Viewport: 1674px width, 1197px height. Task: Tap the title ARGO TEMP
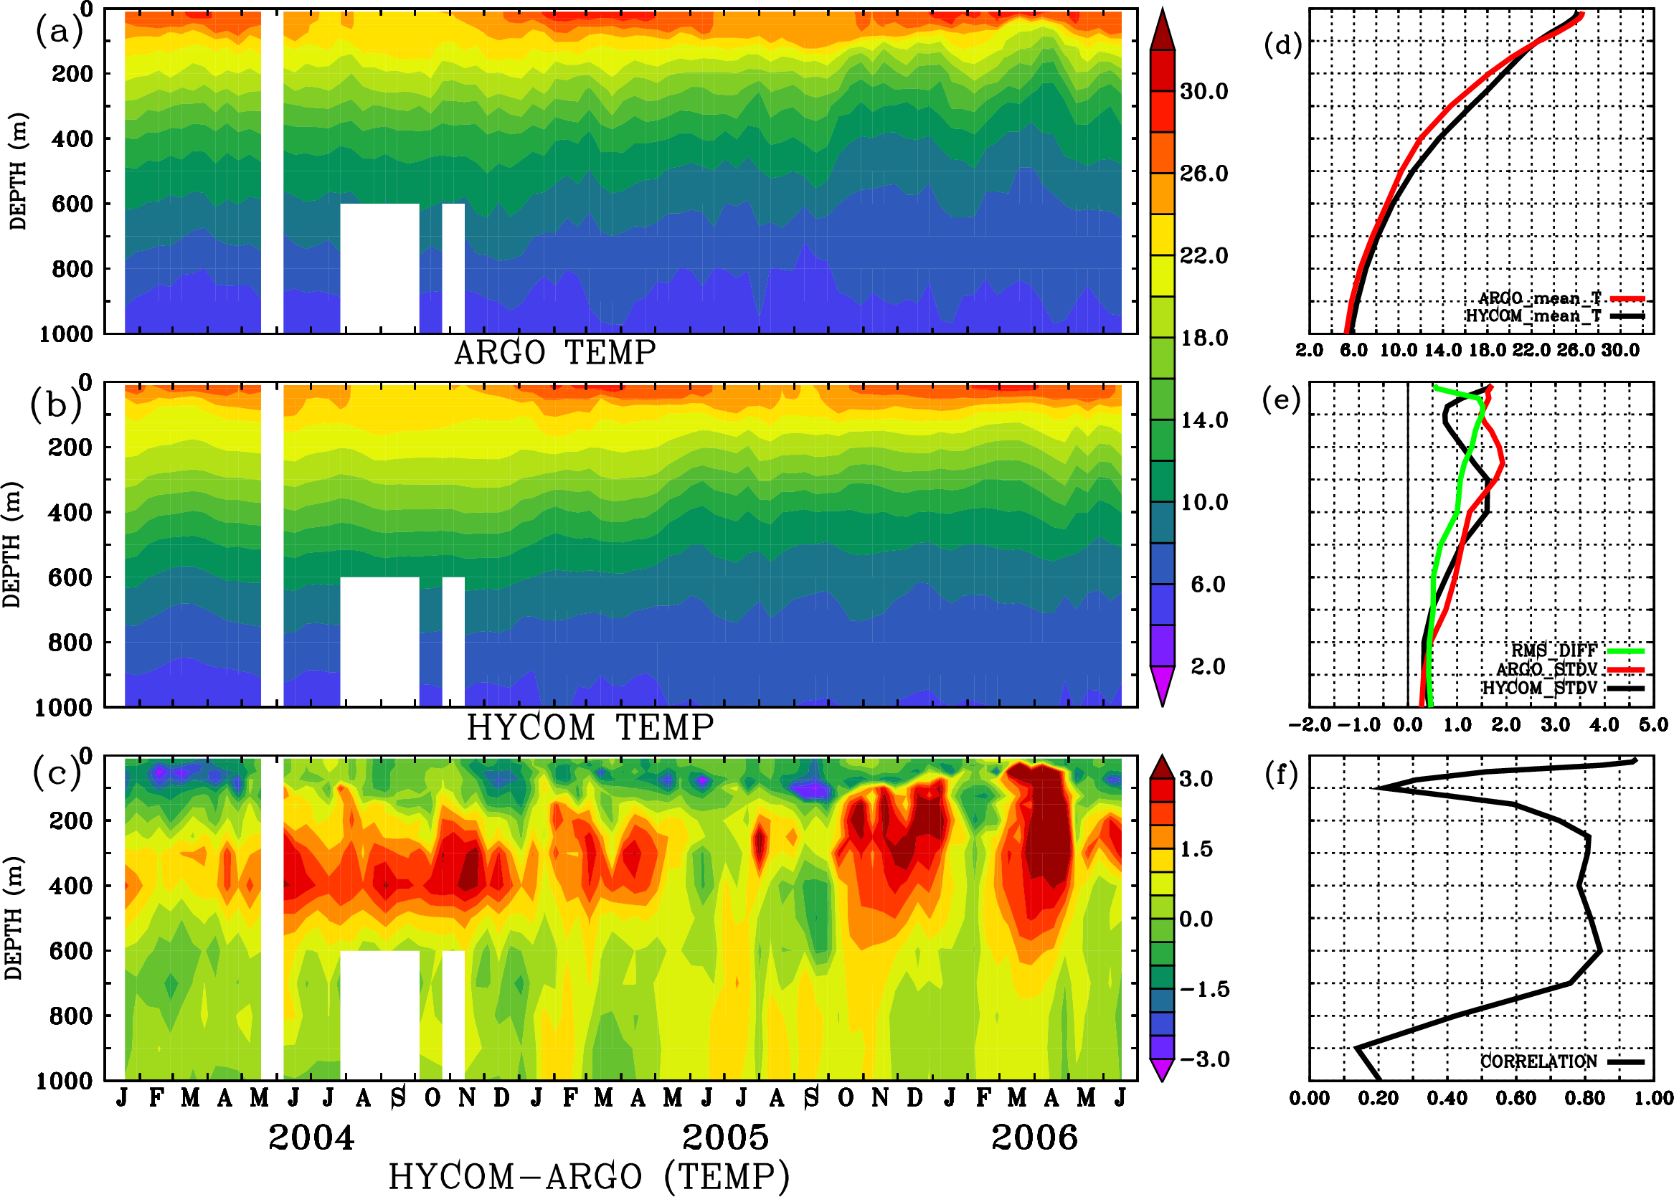click(554, 353)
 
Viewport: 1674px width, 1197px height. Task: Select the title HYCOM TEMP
click(590, 727)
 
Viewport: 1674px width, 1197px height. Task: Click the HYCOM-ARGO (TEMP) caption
click(589, 1176)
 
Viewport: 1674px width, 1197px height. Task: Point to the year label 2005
click(725, 1137)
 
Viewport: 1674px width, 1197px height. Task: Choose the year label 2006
click(1034, 1137)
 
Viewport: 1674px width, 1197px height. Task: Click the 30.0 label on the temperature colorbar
click(1204, 91)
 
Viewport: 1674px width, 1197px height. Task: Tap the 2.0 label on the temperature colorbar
click(1208, 666)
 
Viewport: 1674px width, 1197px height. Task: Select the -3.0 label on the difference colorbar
click(1204, 1059)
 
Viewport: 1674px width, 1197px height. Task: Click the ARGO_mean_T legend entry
click(1539, 298)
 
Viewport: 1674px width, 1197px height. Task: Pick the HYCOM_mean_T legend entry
click(1533, 316)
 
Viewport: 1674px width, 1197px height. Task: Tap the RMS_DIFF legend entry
click(1554, 650)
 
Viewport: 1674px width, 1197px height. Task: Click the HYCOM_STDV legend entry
click(1540, 688)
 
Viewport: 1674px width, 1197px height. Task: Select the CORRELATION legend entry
click(1539, 1061)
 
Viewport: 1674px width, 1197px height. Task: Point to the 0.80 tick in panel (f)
click(1585, 1098)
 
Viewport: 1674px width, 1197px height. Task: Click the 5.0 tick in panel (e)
click(1653, 724)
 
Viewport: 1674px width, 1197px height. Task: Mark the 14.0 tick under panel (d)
click(1442, 350)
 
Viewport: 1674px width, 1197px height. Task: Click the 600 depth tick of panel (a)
click(72, 204)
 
